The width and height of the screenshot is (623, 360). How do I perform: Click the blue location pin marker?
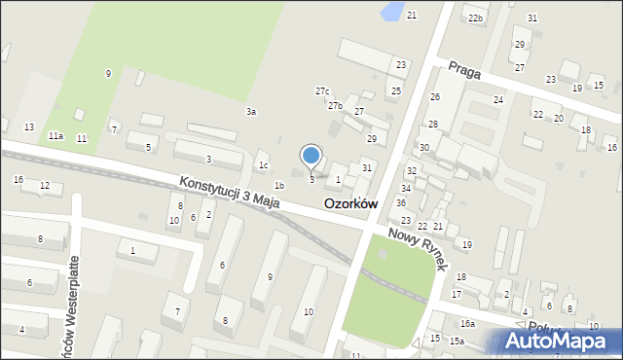coord(311,156)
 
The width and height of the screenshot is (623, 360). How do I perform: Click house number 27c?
coord(322,90)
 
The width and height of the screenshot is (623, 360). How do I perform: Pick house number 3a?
coord(251,112)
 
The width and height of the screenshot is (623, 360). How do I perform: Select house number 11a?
coord(56,136)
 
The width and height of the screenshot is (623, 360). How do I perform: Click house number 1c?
coord(264,164)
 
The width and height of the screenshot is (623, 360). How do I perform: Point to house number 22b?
coord(475,18)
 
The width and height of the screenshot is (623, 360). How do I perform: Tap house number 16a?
coord(468,323)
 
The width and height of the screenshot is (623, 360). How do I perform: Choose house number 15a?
coord(456,341)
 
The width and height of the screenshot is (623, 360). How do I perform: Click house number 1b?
coord(279,185)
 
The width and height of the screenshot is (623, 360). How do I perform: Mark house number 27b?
coord(335,105)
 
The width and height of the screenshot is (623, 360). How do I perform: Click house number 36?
coord(401,202)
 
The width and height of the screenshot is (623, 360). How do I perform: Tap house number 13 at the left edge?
coord(29,127)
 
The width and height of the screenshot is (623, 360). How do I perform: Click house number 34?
coord(406,188)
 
